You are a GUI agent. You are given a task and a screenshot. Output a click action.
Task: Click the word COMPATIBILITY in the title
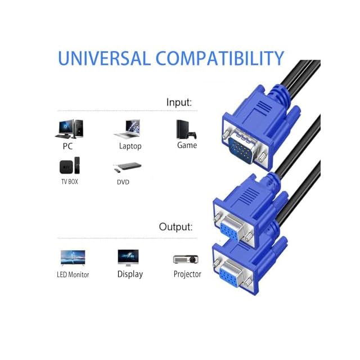point(220,58)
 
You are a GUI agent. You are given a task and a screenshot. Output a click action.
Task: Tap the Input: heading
point(179,102)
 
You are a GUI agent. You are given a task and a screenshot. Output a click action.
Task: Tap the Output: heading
point(175,227)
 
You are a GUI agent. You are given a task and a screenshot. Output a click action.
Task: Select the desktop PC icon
point(67,129)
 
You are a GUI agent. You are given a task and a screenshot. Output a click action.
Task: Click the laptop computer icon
point(128,129)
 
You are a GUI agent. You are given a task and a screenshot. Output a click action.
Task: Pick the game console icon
point(186,129)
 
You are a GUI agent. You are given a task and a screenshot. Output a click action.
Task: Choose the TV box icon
point(69,166)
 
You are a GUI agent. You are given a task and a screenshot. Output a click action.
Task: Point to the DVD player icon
point(127,167)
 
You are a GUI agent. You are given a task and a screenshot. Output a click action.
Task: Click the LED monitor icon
point(73,258)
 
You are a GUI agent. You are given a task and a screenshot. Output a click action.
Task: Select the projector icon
point(186,259)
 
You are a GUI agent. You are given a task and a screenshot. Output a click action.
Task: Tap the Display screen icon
point(128,258)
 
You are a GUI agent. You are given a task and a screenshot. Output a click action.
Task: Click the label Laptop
point(130,146)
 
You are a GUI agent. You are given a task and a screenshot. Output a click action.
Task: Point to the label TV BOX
point(69,182)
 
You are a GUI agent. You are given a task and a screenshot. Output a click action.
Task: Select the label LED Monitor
point(73,274)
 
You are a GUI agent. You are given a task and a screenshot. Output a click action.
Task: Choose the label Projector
point(187,274)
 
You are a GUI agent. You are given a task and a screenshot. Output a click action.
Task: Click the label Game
point(187,145)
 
